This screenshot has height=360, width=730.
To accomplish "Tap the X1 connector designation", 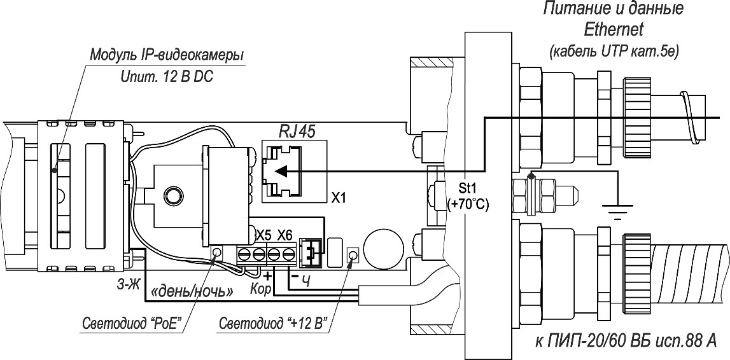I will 339,197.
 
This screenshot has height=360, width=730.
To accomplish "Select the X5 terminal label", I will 263,235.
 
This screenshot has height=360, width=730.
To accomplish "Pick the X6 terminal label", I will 284,235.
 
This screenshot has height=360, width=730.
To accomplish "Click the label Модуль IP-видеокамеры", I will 166,56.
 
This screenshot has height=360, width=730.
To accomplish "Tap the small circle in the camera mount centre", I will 171,193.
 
